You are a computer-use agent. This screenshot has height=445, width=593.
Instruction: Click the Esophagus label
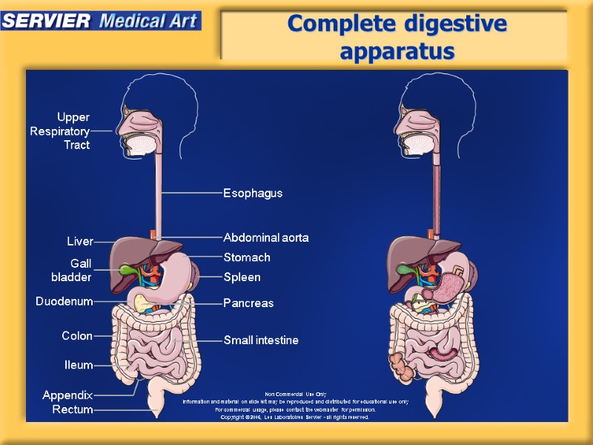click(253, 193)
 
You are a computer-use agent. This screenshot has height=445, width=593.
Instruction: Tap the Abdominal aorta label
click(266, 238)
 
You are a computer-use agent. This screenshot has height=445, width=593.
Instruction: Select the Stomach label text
click(247, 257)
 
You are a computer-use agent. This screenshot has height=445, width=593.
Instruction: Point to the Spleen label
click(242, 277)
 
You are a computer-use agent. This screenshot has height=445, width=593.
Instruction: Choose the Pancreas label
click(248, 303)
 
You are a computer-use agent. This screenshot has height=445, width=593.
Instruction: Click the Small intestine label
click(261, 340)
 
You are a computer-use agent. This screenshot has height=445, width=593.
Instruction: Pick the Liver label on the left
click(80, 242)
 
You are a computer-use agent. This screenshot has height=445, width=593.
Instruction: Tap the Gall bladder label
click(73, 270)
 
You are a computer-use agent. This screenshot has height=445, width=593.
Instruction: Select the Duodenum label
click(64, 302)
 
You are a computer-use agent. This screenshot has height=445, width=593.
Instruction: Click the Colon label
click(77, 336)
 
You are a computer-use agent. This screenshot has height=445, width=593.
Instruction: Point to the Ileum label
click(79, 365)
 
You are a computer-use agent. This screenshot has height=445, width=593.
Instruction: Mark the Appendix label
click(67, 395)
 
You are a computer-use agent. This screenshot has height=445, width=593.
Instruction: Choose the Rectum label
click(73, 409)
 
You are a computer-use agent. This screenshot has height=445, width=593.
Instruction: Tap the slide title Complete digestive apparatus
click(397, 37)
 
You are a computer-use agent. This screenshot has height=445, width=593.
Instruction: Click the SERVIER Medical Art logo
click(101, 20)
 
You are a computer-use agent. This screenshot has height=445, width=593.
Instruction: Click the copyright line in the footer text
click(295, 417)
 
